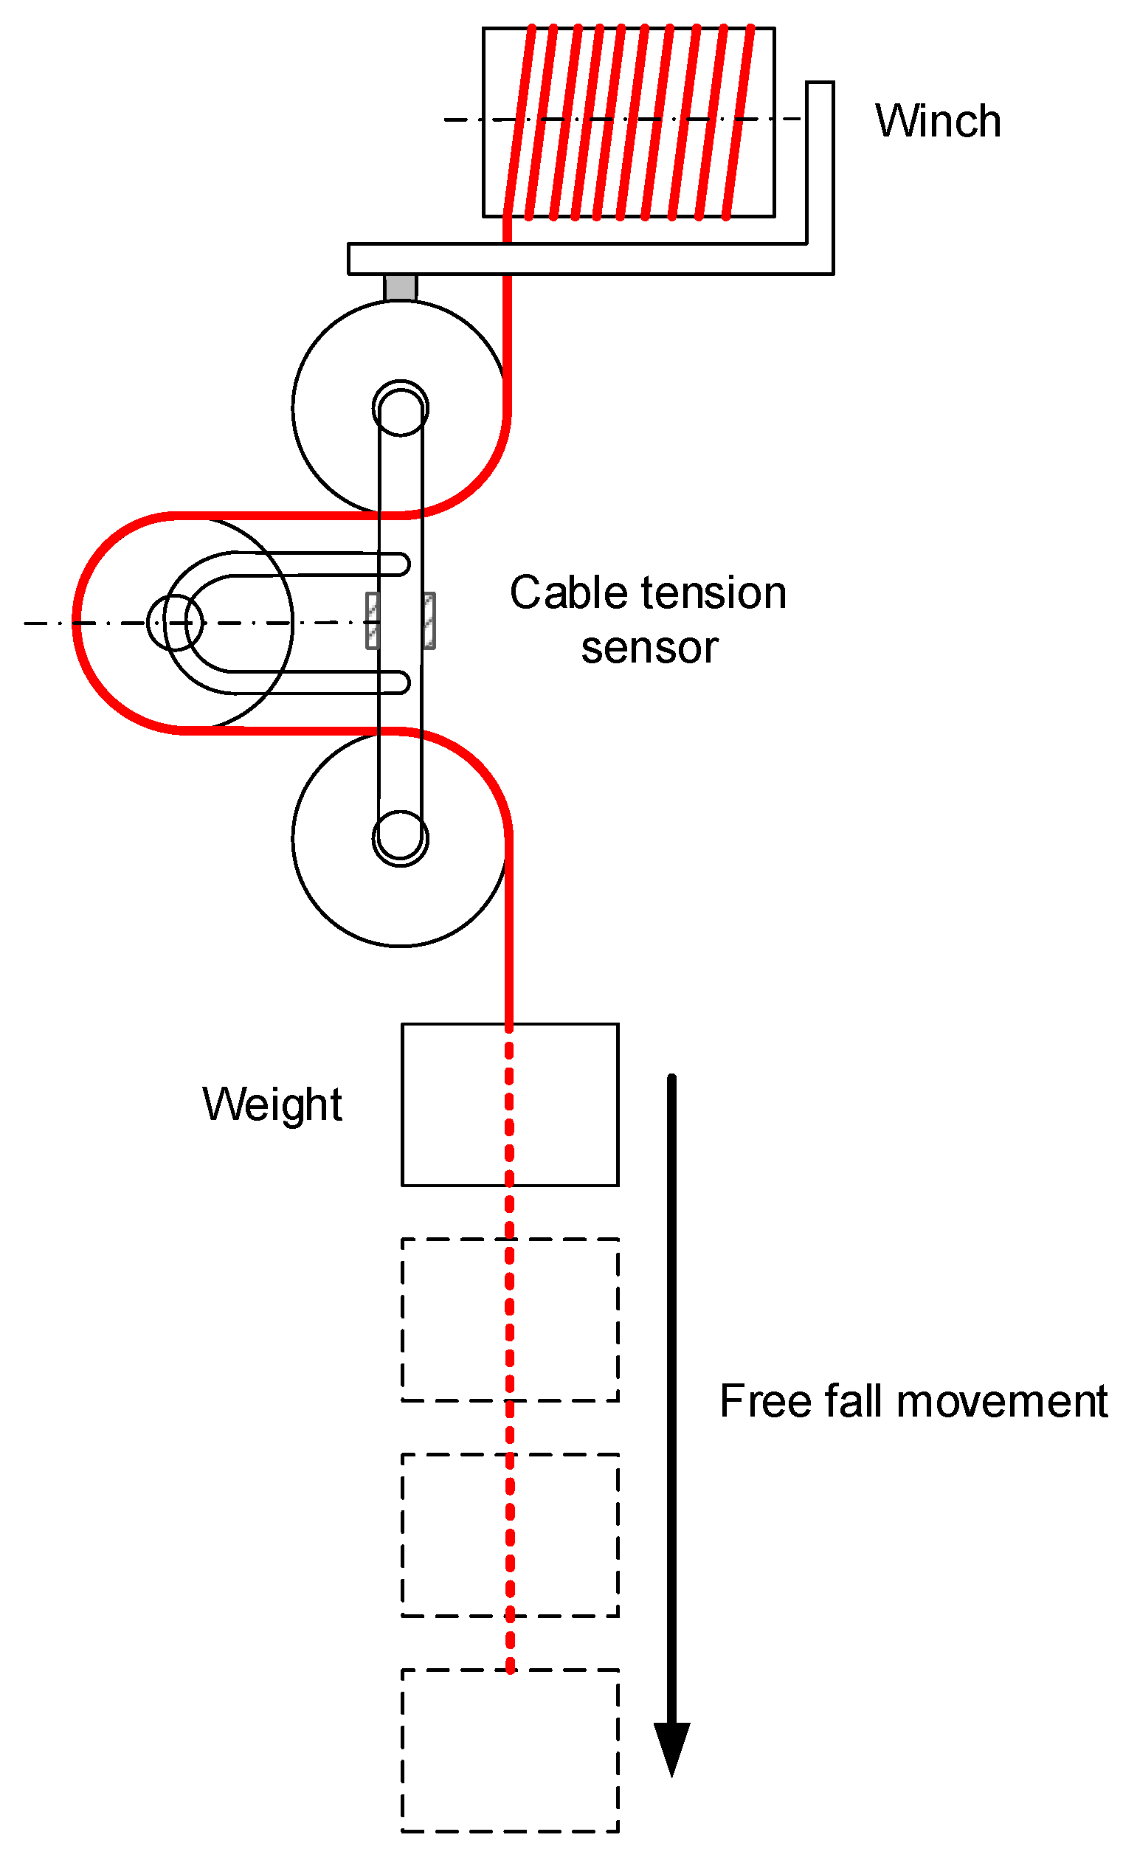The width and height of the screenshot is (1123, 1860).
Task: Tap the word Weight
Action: pyautogui.click(x=272, y=1104)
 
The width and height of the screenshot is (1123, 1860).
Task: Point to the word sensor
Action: pyautogui.click(x=649, y=648)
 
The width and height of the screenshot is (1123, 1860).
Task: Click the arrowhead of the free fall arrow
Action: pyautogui.click(x=671, y=1749)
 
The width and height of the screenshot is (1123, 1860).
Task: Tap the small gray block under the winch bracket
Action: pyautogui.click(x=400, y=288)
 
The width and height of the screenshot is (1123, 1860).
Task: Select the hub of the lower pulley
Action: pyautogui.click(x=401, y=838)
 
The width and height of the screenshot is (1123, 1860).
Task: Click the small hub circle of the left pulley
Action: pyautogui.click(x=174, y=623)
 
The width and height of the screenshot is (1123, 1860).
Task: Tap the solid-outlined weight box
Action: pyautogui.click(x=453, y=1104)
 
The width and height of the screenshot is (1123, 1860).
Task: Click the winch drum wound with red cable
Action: pyautogui.click(x=628, y=122)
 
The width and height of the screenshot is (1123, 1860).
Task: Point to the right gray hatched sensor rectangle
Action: pyautogui.click(x=429, y=620)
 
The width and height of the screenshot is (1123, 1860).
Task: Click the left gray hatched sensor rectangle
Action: pyautogui.click(x=372, y=620)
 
